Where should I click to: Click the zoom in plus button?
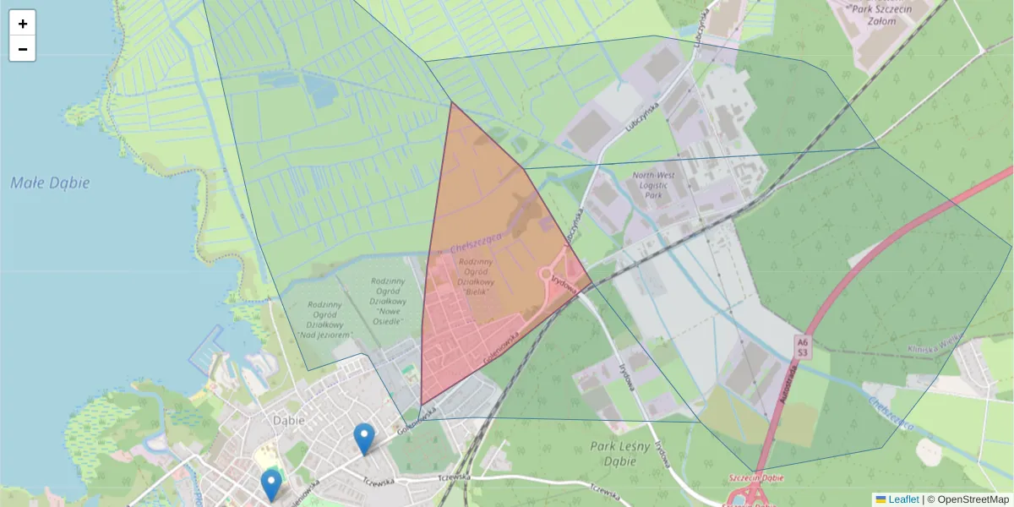click(23, 24)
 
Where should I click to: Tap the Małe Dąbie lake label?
click(51, 183)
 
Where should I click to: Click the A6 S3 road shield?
click(802, 346)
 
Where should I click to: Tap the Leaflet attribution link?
click(902, 499)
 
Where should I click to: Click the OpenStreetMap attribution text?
click(973, 499)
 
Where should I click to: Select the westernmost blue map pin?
click(271, 485)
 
